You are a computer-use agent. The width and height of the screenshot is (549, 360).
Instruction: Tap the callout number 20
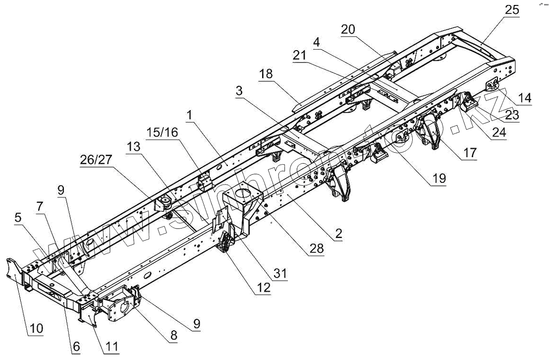(x=348, y=29)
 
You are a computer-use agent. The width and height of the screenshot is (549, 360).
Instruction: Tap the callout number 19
(x=438, y=178)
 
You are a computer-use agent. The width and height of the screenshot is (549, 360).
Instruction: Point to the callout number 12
(x=263, y=288)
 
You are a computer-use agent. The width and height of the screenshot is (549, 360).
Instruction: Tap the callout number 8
(x=173, y=335)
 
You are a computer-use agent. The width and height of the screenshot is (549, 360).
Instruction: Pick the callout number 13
(x=133, y=147)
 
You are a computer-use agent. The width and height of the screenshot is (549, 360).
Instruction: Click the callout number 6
(x=76, y=348)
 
